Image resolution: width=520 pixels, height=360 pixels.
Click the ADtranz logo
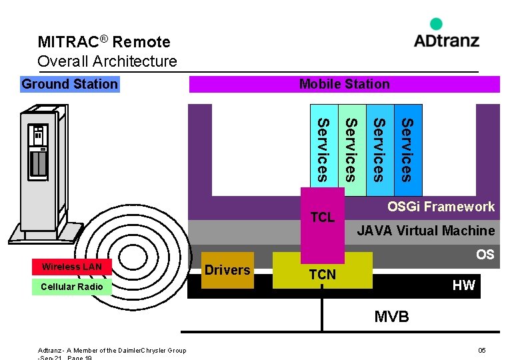(x=446, y=35)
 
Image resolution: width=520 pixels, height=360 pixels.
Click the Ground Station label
(x=69, y=84)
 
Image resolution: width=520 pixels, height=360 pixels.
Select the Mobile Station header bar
(x=344, y=84)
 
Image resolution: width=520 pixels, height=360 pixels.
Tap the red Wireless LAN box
(x=72, y=267)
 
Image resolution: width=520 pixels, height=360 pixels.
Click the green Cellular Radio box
(x=72, y=287)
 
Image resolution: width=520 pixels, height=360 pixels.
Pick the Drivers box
(x=227, y=270)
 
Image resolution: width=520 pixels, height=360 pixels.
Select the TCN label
(x=323, y=274)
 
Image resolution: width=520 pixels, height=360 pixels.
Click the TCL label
(x=323, y=217)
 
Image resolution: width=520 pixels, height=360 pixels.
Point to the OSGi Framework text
(x=441, y=207)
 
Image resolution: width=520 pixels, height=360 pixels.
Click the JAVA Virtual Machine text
(x=425, y=231)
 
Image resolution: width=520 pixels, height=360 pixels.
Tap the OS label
(x=485, y=254)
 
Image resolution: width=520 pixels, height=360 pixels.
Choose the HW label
(x=463, y=285)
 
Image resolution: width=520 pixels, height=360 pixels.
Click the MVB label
(x=391, y=317)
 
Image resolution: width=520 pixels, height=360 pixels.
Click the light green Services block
(x=352, y=150)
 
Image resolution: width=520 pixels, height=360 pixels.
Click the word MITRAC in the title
(x=68, y=42)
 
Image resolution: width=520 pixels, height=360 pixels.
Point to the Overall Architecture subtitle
(x=107, y=62)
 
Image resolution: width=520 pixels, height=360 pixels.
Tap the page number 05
(x=481, y=351)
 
